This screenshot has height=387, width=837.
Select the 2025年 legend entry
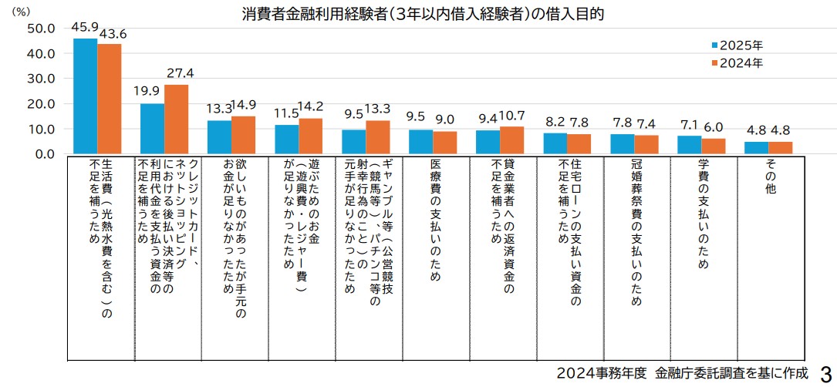click(736, 45)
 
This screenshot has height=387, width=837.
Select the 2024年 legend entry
click(736, 63)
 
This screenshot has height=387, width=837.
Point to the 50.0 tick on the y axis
click(40, 29)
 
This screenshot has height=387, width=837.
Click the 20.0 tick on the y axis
click(40, 103)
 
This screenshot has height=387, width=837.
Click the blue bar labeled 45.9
click(85, 96)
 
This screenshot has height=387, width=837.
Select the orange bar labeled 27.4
click(176, 119)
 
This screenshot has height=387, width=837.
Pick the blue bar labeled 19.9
click(152, 128)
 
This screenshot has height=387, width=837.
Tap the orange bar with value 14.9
click(243, 135)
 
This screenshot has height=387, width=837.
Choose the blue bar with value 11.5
click(287, 139)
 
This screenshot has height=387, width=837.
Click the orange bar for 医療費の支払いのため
click(444, 142)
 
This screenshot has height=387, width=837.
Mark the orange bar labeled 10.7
click(511, 140)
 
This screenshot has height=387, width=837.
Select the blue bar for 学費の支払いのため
click(689, 144)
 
